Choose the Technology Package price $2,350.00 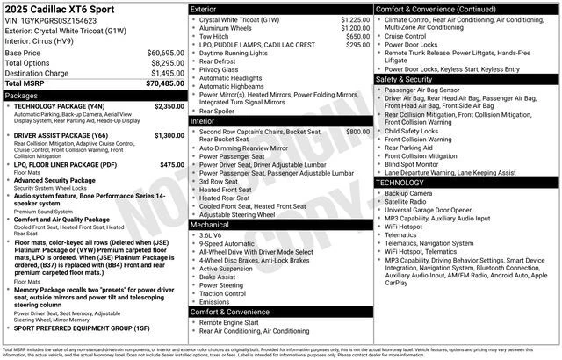(x=169, y=106)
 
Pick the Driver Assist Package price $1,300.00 (x=169, y=135)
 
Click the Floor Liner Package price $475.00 (x=172, y=164)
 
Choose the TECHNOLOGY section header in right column (x=404, y=183)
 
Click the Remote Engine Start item (x=230, y=322)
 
